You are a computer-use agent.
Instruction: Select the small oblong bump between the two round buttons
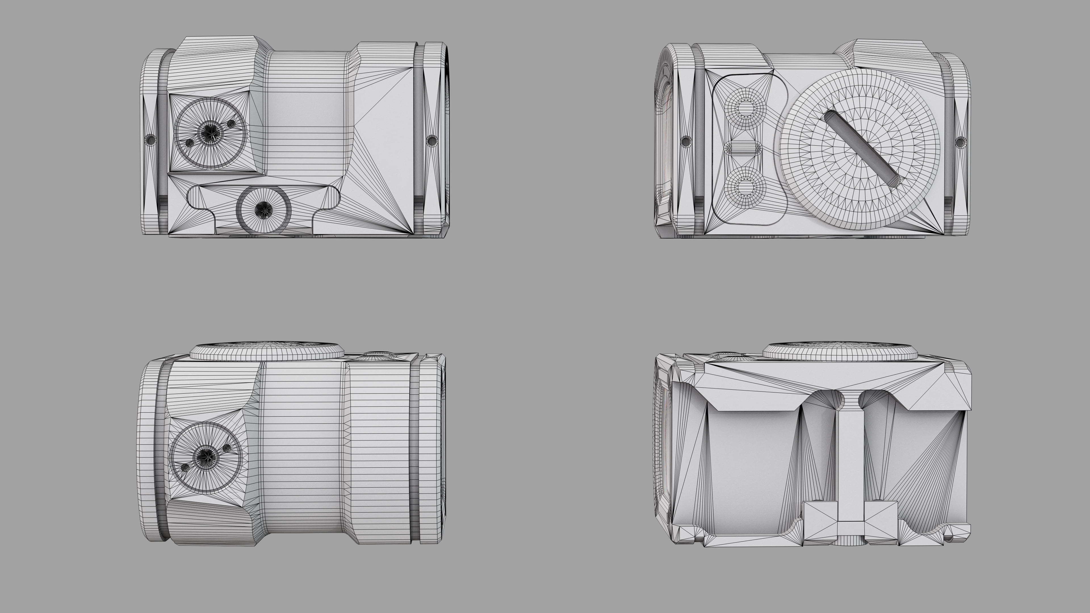[x=743, y=148]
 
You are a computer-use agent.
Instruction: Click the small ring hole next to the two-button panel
[x=686, y=140]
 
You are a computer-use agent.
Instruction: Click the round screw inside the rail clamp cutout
[x=264, y=209]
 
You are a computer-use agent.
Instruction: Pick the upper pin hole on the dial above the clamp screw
[x=231, y=123]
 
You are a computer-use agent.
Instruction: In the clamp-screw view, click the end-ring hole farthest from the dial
[x=431, y=140]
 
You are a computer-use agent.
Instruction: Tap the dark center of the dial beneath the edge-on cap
[x=206, y=456]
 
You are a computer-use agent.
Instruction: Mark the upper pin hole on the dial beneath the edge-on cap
[x=227, y=447]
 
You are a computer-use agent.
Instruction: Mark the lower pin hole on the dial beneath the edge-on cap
[x=185, y=467]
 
